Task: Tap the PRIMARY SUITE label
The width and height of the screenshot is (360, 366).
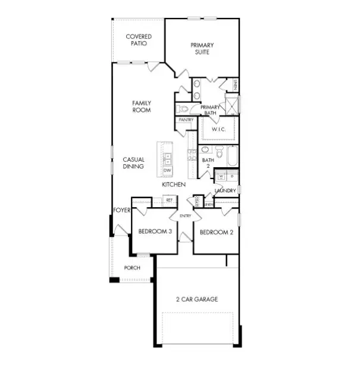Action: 202,48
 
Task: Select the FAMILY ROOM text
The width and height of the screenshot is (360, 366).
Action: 141,107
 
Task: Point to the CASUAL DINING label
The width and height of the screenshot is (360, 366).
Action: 133,163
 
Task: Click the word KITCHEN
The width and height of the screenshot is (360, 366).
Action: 174,185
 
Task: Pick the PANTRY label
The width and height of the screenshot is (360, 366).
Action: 185,120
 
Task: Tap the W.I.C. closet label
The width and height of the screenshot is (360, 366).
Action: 217,128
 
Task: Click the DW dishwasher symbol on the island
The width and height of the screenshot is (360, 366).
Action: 167,170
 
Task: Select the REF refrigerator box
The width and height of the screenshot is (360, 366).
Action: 168,201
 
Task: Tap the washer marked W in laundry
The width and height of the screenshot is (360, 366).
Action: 220,176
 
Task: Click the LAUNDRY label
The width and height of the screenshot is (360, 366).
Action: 225,190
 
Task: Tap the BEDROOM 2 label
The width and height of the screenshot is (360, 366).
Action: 216,232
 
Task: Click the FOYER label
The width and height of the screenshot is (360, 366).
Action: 121,210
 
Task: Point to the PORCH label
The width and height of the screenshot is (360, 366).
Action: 132,268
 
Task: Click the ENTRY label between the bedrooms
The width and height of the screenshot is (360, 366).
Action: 185,215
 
